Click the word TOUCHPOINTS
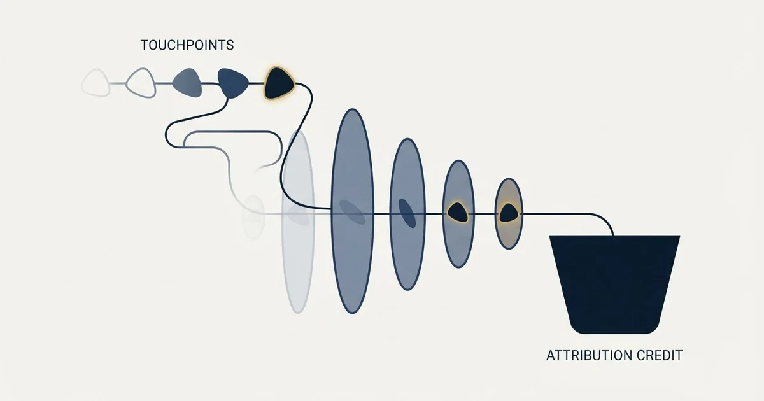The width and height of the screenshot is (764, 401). click(x=187, y=45)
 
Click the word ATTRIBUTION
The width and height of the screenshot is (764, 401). click(x=584, y=355)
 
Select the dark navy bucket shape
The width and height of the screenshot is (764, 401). click(x=614, y=284)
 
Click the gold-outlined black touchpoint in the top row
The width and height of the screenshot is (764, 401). click(x=279, y=83)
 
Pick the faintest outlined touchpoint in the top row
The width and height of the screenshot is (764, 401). click(x=96, y=83)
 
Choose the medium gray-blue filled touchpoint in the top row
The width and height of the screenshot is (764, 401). click(x=187, y=83)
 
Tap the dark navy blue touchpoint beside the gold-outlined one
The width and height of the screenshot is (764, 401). click(x=233, y=83)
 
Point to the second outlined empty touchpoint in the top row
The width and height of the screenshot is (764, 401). click(x=141, y=83)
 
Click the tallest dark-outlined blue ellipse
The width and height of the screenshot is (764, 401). click(x=352, y=211)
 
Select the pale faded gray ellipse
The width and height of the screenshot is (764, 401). click(x=298, y=222)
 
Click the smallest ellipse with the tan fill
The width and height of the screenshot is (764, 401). click(x=509, y=213)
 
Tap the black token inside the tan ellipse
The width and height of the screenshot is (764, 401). click(x=509, y=213)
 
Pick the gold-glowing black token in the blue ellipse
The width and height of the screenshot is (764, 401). click(x=457, y=213)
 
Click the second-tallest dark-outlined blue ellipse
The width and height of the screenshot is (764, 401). click(x=407, y=215)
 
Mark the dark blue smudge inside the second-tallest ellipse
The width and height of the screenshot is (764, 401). click(x=407, y=213)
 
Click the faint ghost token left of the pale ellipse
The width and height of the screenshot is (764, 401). click(x=253, y=217)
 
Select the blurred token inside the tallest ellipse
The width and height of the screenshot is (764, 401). click(x=352, y=212)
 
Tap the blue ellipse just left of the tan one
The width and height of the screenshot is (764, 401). click(x=458, y=214)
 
